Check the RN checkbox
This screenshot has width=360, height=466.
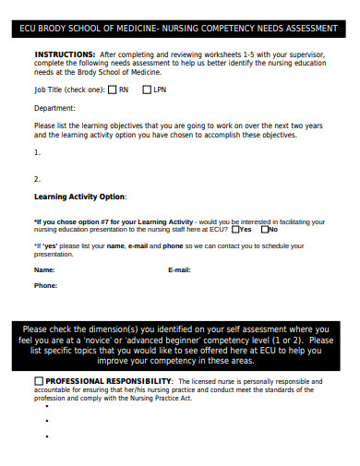point(112,90)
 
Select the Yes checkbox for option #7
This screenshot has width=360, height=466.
point(235,230)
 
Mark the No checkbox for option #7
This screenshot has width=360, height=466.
point(265,230)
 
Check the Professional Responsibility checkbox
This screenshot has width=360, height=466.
point(38,381)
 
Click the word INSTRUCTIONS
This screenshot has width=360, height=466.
point(64,54)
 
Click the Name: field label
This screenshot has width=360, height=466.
point(44,269)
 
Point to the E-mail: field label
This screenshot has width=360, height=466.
point(179,269)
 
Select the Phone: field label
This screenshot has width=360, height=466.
point(45,286)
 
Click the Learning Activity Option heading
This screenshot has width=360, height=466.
point(80,197)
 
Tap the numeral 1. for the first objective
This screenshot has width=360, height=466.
point(37,152)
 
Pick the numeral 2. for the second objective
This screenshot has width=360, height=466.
point(37,179)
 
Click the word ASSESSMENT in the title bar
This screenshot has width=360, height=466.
point(307,29)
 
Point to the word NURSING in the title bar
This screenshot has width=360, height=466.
point(177,29)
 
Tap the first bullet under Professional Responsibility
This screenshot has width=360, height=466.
point(45,420)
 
